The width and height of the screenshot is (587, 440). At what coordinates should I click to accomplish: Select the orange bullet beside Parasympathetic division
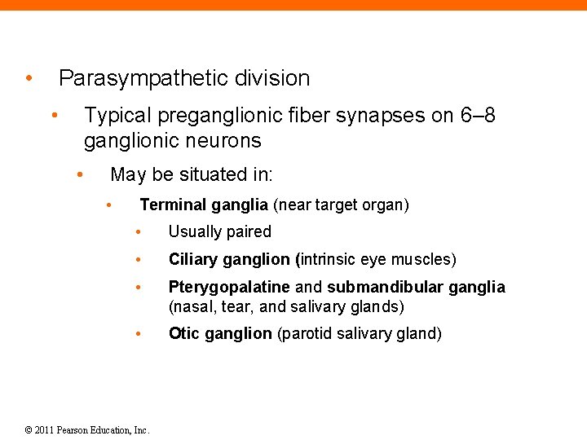29,79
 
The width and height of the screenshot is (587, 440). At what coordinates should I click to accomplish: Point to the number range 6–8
477,116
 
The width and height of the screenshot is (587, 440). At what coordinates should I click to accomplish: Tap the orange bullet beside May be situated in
80,174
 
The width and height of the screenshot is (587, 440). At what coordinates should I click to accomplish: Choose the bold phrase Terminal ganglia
204,205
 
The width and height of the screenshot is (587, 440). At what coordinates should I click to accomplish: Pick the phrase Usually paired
219,232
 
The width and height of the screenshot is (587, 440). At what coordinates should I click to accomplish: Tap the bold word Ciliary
194,260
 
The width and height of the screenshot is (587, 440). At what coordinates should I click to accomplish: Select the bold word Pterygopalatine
229,288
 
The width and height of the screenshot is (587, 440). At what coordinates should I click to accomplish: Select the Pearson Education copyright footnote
86,429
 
